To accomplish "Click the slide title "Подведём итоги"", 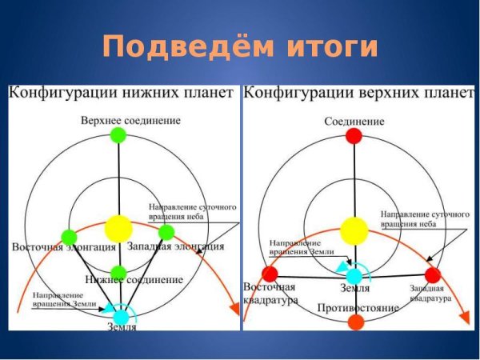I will [x=240, y=46].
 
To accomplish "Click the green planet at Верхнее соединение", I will [x=118, y=135].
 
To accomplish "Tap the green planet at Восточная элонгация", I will [x=69, y=236].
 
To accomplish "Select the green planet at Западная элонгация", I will [x=166, y=232].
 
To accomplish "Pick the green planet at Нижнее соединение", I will [x=118, y=271].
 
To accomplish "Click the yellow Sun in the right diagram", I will [x=354, y=231].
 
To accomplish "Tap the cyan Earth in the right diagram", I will [x=354, y=276].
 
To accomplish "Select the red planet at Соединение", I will [x=354, y=136].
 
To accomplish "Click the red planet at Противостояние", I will [x=355, y=322].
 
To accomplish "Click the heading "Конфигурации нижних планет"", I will [x=122, y=94].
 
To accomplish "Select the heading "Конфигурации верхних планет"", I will [x=358, y=94].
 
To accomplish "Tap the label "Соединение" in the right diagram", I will [x=354, y=122].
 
